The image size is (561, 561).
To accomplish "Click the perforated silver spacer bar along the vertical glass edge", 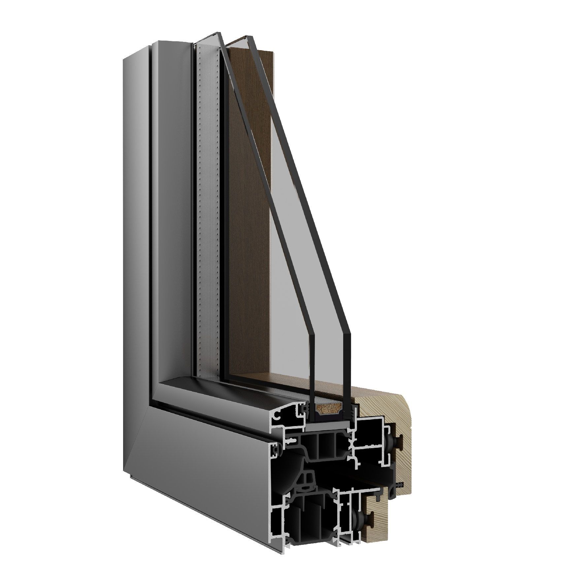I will pos(208,198).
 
